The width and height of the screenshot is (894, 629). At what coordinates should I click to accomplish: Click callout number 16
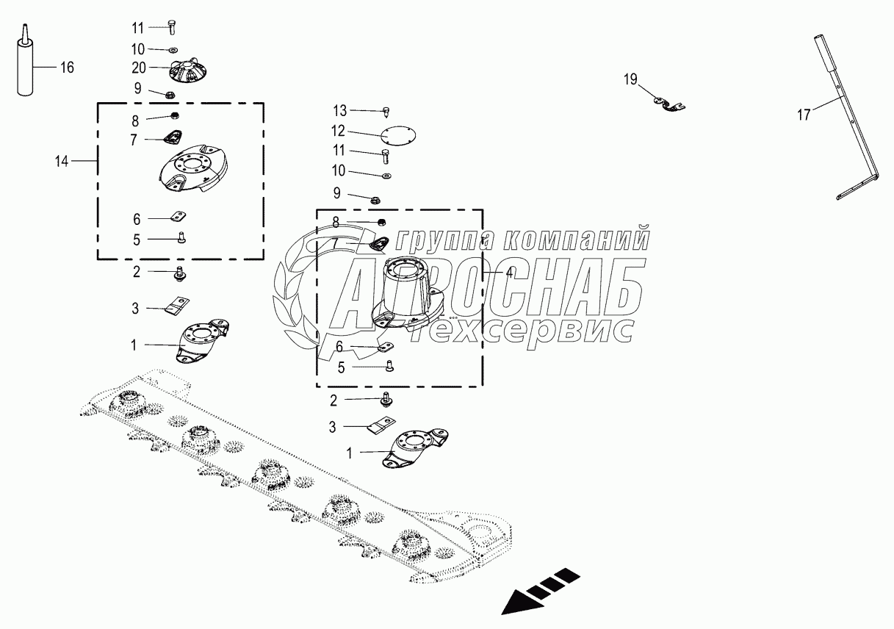[x=67, y=68]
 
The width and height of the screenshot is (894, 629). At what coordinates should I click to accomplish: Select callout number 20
[x=139, y=67]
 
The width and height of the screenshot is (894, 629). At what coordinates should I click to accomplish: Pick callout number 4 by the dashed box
[x=509, y=271]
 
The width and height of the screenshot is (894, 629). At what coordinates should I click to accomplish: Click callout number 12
[x=338, y=132]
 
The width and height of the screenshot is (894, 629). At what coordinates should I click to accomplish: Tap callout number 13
[x=339, y=110]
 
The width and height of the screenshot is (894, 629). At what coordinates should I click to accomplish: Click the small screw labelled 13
[x=386, y=112]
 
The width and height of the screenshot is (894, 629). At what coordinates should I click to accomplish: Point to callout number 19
[x=631, y=79]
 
